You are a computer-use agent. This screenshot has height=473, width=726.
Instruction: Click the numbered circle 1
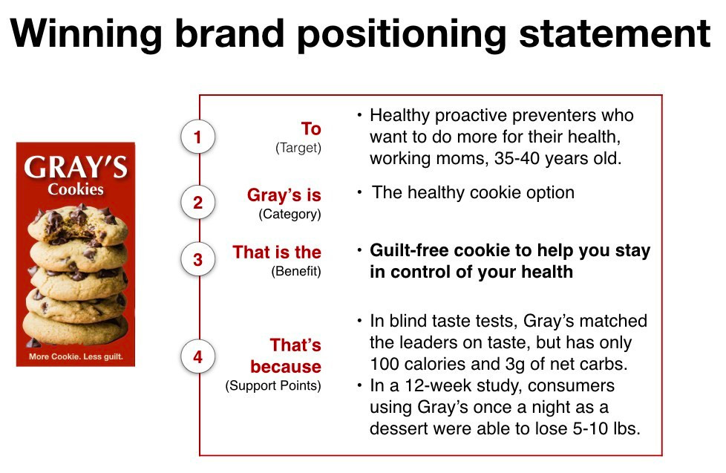click(197, 137)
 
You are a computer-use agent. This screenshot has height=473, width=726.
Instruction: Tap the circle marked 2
click(197, 203)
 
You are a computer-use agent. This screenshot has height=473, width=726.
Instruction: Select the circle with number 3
click(197, 259)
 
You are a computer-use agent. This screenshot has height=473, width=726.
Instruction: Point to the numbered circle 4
click(197, 356)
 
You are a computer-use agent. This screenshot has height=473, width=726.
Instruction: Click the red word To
click(311, 128)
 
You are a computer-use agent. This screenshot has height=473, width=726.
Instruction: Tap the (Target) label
click(298, 148)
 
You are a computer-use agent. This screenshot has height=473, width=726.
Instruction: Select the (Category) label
click(290, 214)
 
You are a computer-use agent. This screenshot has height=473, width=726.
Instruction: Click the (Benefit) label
click(296, 271)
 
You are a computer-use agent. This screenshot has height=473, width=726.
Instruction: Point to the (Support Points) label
click(273, 385)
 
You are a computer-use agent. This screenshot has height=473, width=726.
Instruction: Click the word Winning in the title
click(87, 35)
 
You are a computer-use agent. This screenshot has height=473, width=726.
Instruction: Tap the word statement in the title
click(615, 33)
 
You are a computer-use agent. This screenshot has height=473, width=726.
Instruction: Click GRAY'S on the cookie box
click(76, 167)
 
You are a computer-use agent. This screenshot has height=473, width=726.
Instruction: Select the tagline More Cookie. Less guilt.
click(76, 356)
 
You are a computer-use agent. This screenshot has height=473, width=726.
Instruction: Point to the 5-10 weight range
click(590, 428)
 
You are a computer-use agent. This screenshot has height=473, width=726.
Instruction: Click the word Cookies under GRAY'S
click(76, 189)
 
